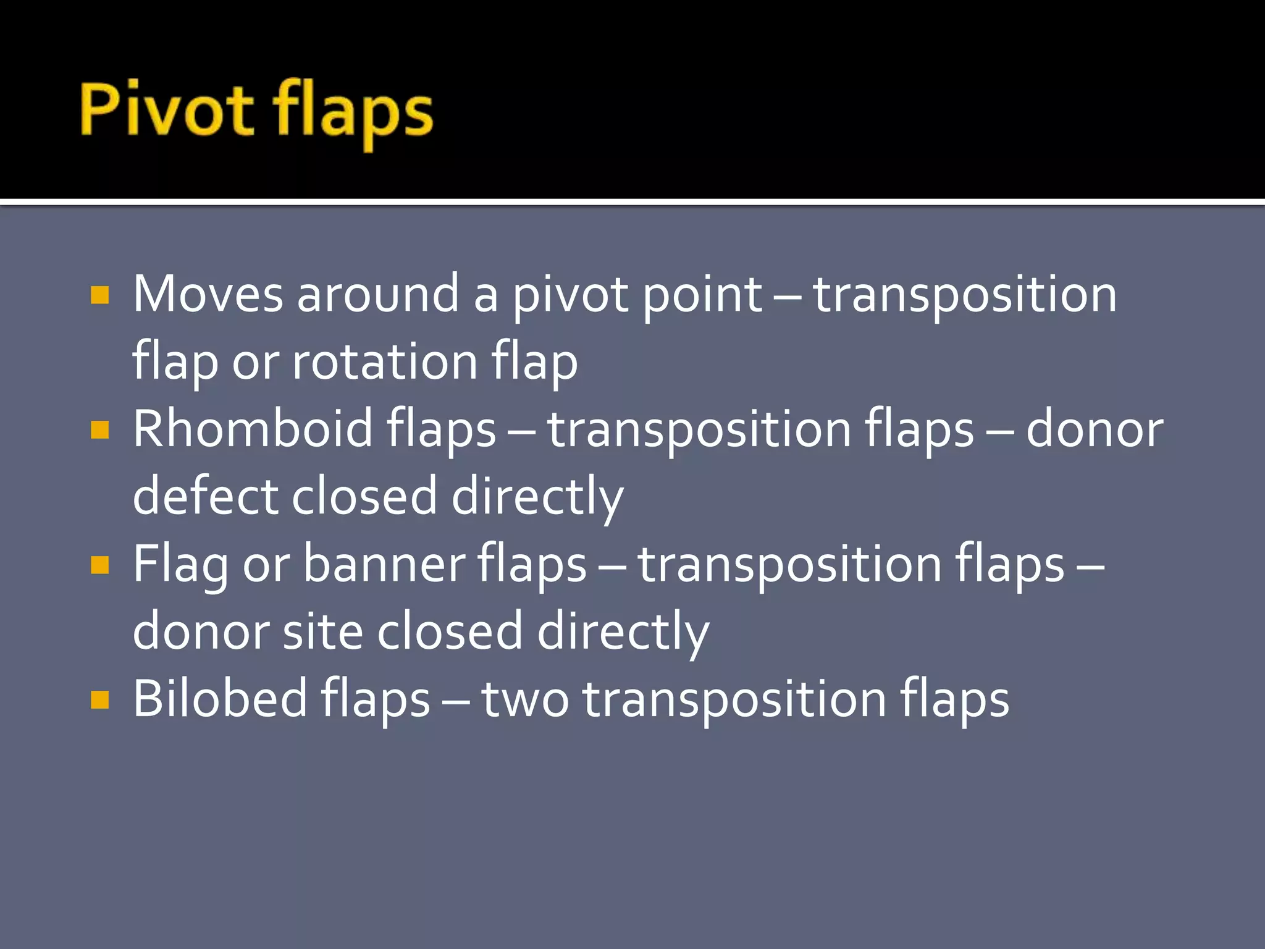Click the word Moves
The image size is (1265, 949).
[x=208, y=294]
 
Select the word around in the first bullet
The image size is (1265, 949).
[x=378, y=294]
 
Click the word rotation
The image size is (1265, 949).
[x=385, y=361]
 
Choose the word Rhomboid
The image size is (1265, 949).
[x=253, y=429]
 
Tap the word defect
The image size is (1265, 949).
[x=204, y=496]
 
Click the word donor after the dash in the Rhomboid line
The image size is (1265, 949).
[x=1095, y=429]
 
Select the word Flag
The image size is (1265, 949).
[x=180, y=564]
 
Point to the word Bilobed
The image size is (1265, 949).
[x=220, y=699]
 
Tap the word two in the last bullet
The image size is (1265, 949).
[x=525, y=699]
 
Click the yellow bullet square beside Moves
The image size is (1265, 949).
[x=99, y=295]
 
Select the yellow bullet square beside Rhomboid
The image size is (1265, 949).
[x=99, y=429]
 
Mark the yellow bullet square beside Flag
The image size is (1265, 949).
[x=99, y=565]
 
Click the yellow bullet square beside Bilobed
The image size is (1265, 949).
[x=99, y=699]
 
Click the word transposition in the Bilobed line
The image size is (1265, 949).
[x=734, y=699]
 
